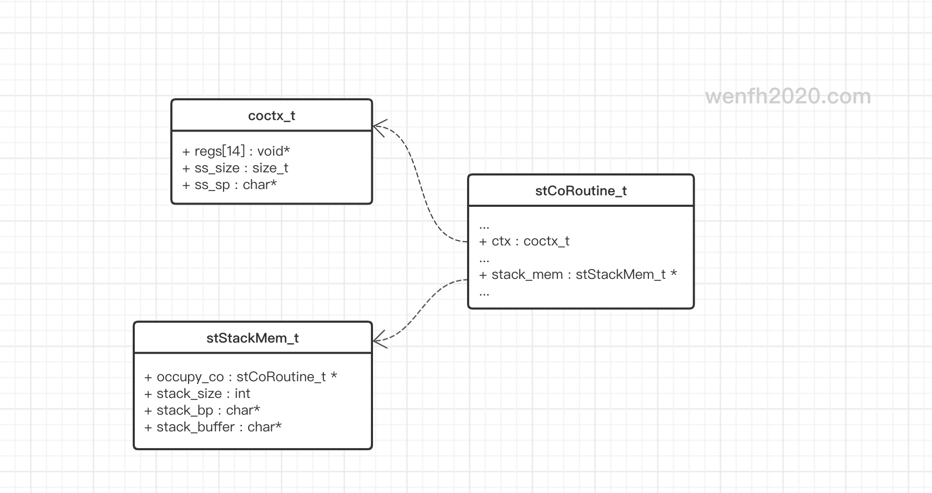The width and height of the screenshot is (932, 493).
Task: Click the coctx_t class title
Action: pyautogui.click(x=272, y=115)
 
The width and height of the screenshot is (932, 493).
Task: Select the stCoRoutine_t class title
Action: pyautogui.click(x=581, y=191)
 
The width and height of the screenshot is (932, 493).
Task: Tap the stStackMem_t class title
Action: pyautogui.click(x=252, y=338)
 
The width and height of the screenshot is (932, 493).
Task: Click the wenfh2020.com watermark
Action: pyautogui.click(x=788, y=97)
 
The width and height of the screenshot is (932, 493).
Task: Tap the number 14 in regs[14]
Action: pyautogui.click(x=233, y=151)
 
